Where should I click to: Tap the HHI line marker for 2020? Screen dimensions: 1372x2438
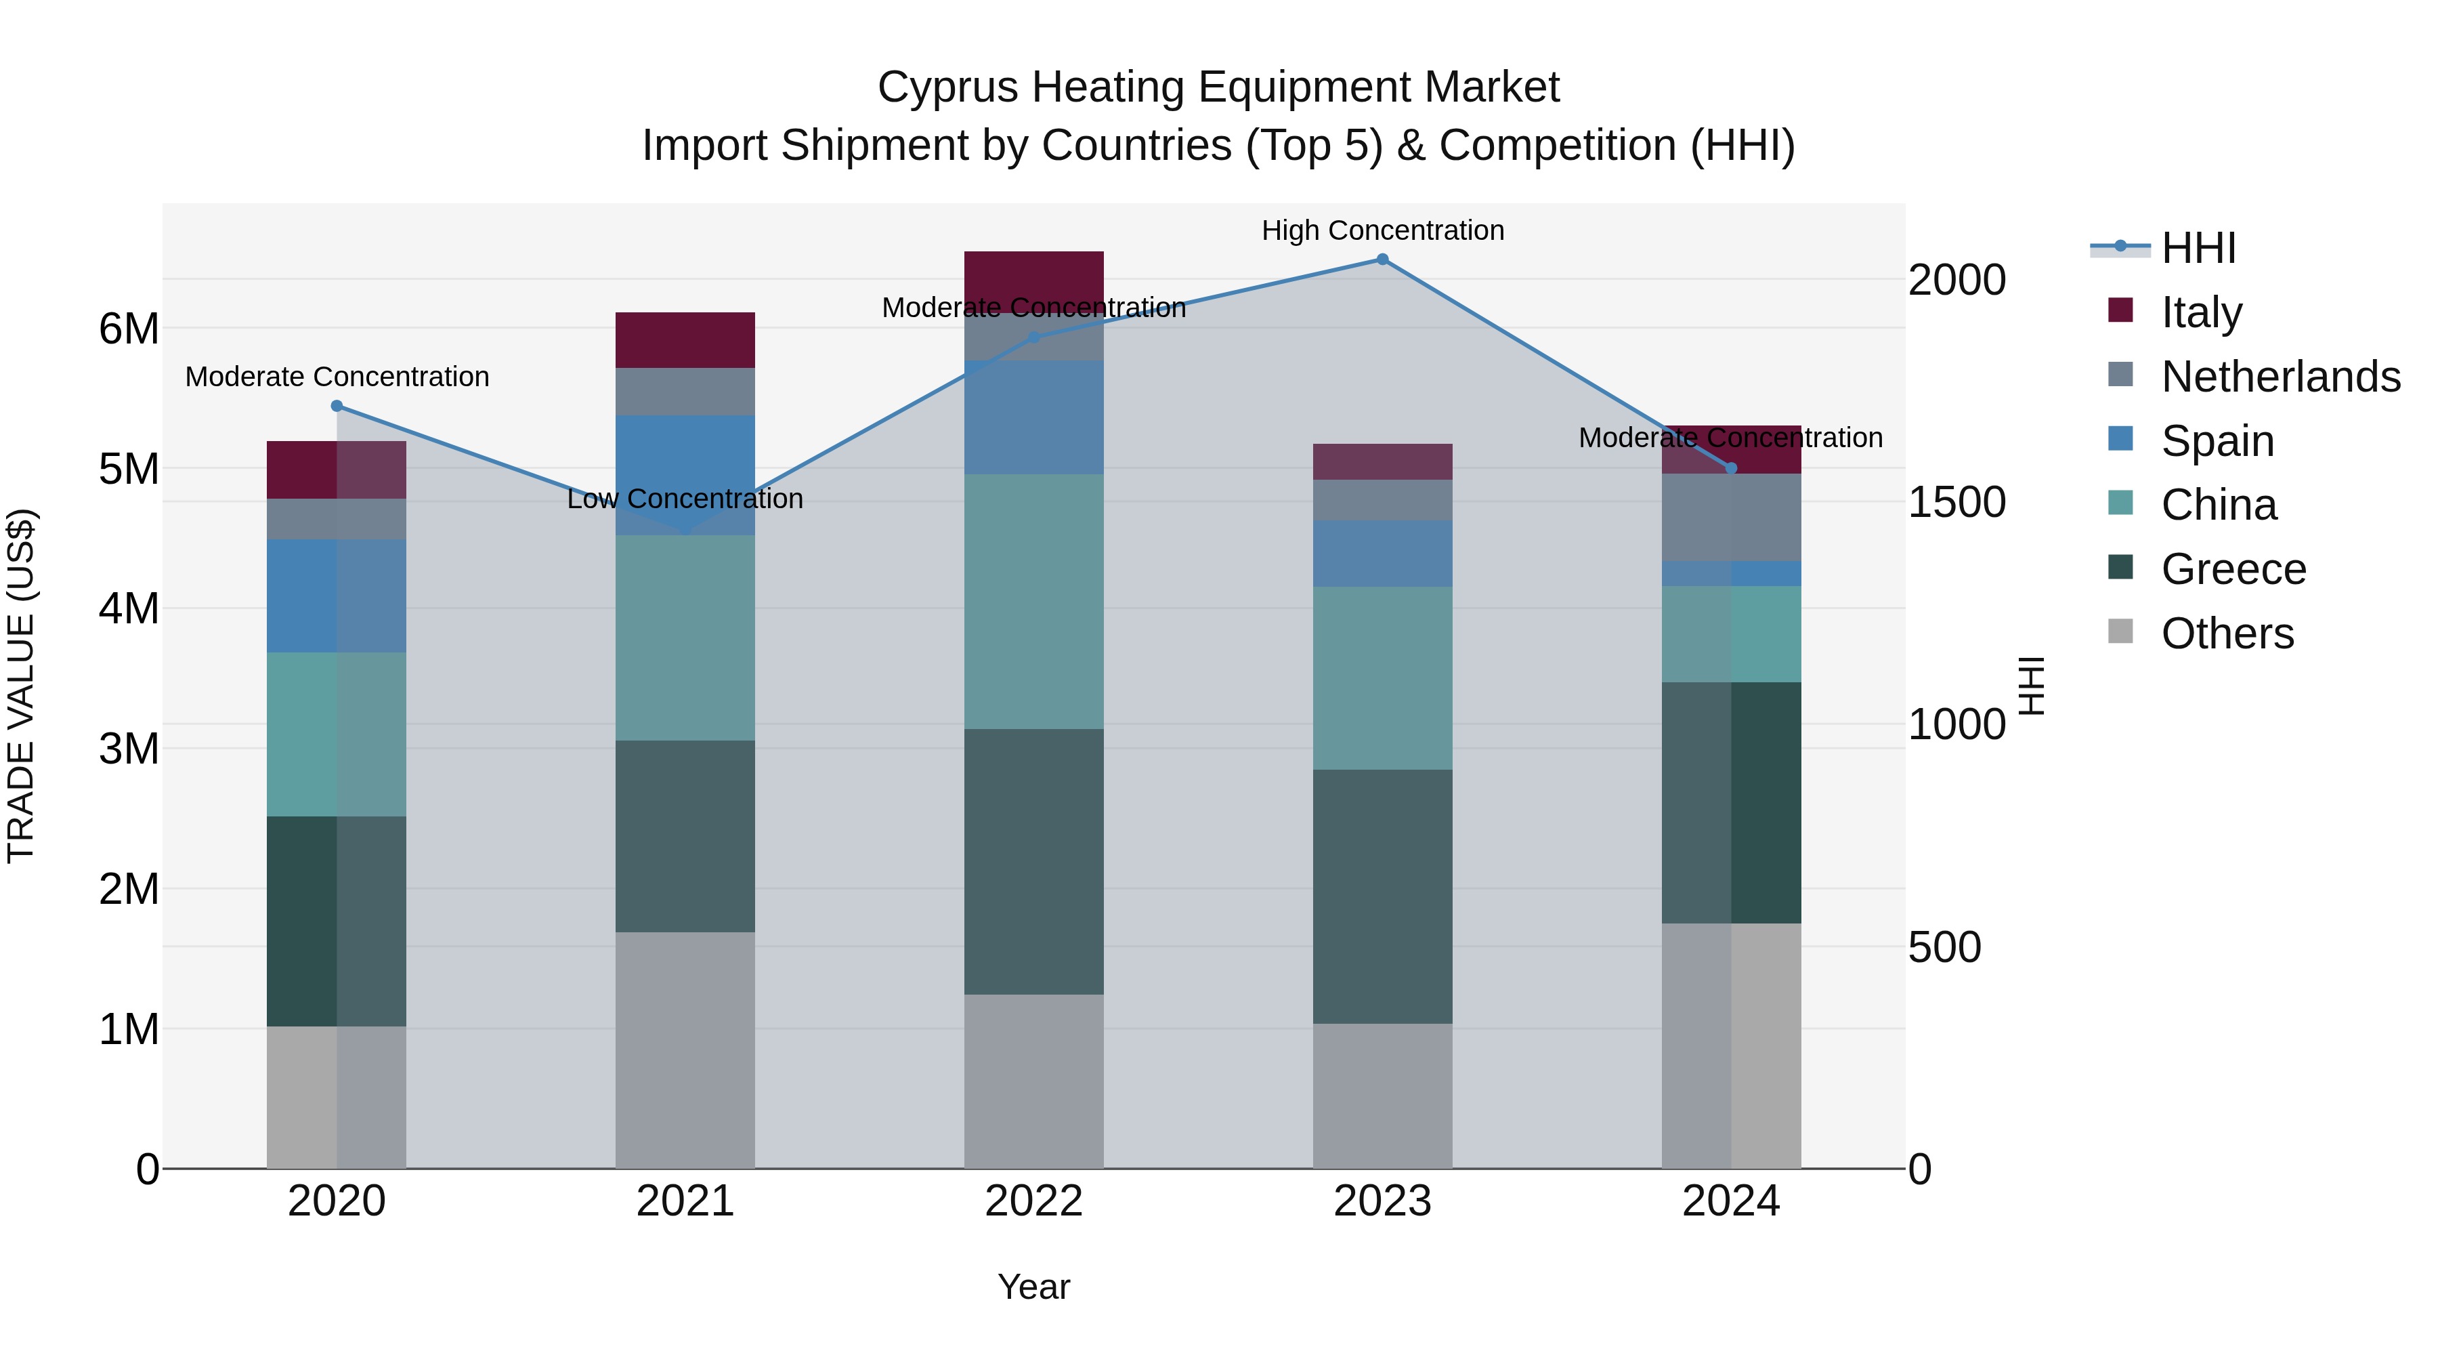click(x=337, y=407)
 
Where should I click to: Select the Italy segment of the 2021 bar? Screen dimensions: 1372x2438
click(x=685, y=340)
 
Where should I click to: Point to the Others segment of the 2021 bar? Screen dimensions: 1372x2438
click(x=685, y=1050)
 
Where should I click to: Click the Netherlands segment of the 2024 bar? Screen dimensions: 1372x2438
click(x=1731, y=517)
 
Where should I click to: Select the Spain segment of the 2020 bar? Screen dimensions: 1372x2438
click(x=337, y=596)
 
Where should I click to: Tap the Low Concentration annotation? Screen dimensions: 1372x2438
click(x=685, y=499)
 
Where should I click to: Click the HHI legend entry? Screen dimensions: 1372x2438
click(x=2198, y=248)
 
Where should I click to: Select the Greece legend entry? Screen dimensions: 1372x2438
click(x=2233, y=569)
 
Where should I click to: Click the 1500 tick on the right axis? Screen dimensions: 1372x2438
click(x=1956, y=503)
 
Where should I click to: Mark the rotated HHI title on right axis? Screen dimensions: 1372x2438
click(x=2031, y=686)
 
